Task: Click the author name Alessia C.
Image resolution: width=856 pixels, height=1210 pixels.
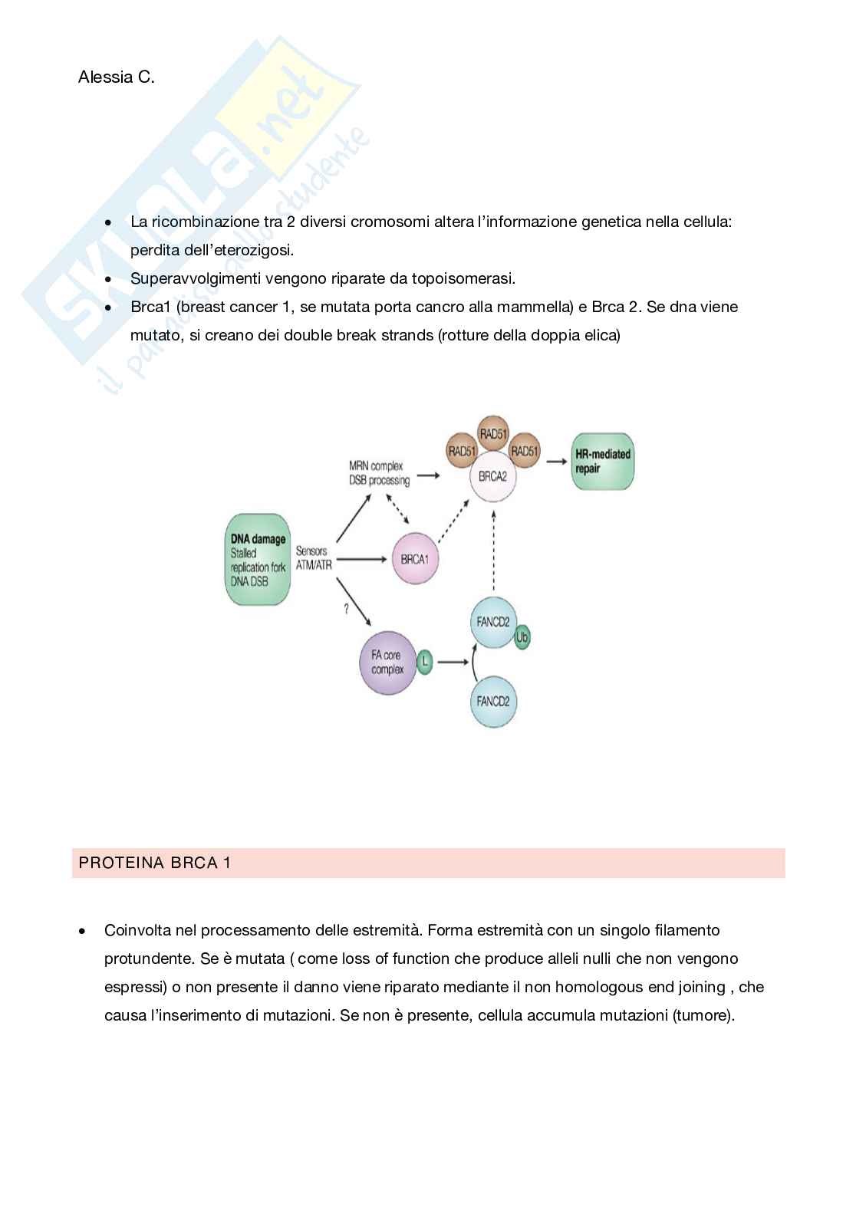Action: click(x=116, y=77)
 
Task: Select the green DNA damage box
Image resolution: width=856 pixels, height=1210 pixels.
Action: click(x=258, y=561)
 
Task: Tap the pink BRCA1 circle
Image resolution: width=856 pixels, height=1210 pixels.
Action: click(x=415, y=559)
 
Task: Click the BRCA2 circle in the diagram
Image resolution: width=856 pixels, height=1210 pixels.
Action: click(x=492, y=476)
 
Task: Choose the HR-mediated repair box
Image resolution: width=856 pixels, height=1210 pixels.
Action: click(x=603, y=461)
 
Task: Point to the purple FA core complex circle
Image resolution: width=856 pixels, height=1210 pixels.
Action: click(x=387, y=663)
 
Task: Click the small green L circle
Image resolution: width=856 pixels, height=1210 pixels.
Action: click(x=425, y=662)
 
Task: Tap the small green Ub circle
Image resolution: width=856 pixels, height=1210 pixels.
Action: click(x=522, y=637)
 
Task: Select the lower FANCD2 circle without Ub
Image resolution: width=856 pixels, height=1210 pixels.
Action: click(x=493, y=701)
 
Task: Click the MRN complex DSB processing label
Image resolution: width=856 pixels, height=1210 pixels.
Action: click(x=379, y=473)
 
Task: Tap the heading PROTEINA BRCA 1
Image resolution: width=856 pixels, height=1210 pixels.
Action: click(x=155, y=863)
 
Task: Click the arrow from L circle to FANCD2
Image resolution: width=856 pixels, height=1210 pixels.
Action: click(x=453, y=662)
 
